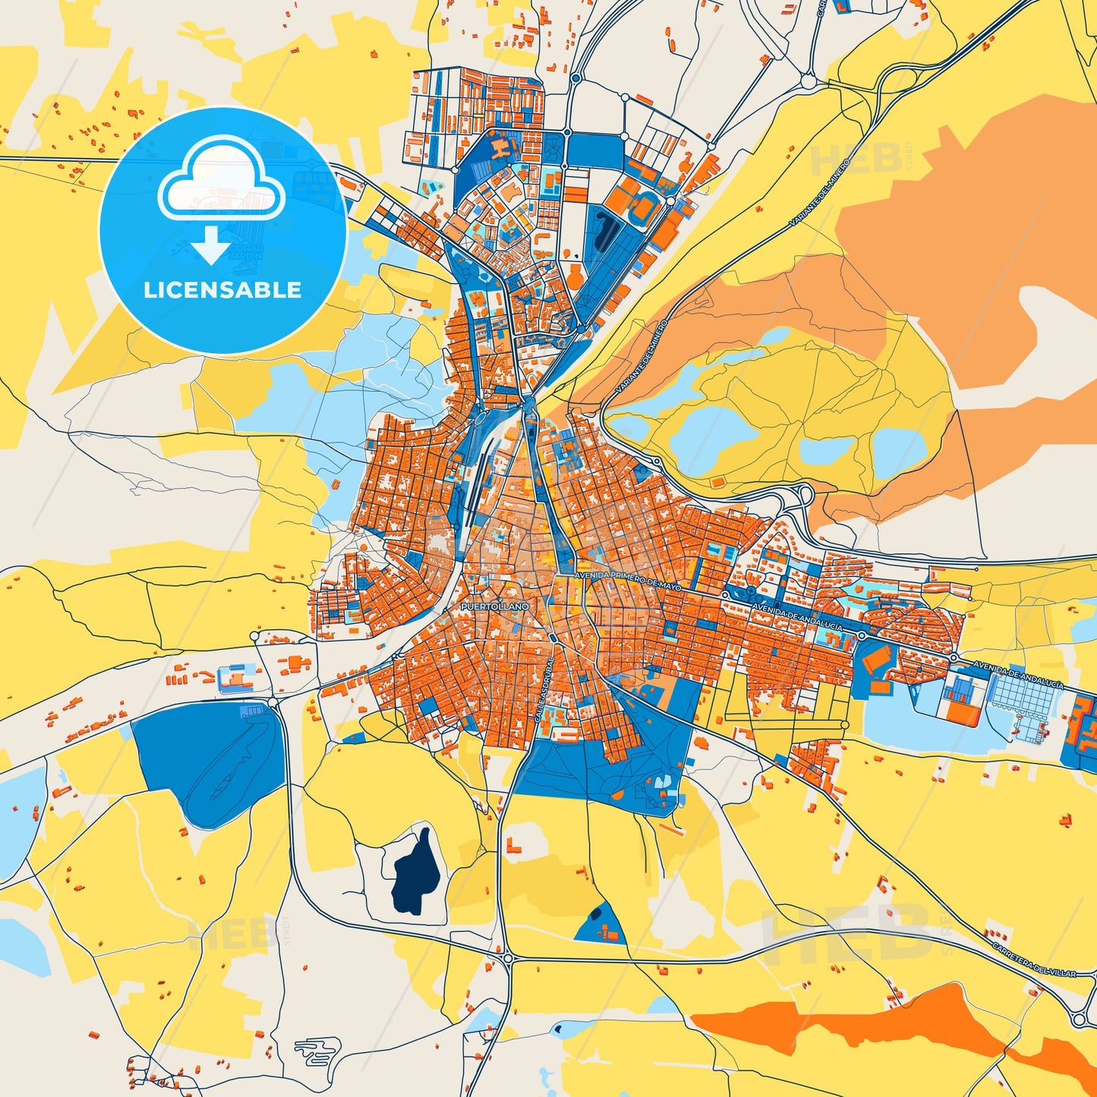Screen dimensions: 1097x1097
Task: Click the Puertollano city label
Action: click(494, 607)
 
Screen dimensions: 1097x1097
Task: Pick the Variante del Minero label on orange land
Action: click(641, 357)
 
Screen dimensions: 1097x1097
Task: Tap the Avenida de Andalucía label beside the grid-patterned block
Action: click(1017, 674)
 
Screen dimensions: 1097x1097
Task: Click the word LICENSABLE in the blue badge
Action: click(222, 290)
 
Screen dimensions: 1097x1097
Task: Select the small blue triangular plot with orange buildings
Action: click(601, 925)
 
